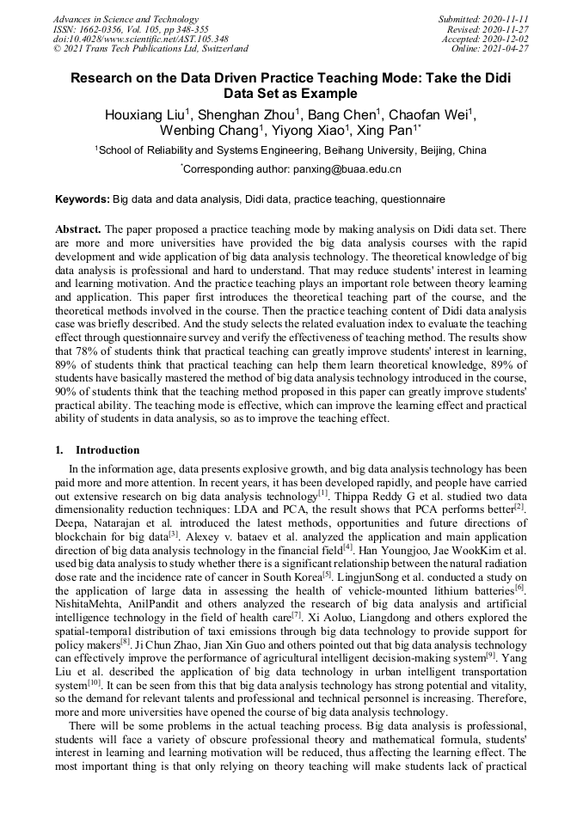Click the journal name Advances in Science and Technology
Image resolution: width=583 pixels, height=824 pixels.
click(126, 19)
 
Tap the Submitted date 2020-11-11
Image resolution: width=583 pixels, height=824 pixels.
click(507, 19)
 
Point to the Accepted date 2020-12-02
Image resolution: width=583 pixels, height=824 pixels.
click(506, 40)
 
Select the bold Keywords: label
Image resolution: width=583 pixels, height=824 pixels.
click(83, 199)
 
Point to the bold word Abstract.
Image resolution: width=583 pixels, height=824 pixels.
click(78, 230)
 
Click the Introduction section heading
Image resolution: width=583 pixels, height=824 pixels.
click(107, 450)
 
